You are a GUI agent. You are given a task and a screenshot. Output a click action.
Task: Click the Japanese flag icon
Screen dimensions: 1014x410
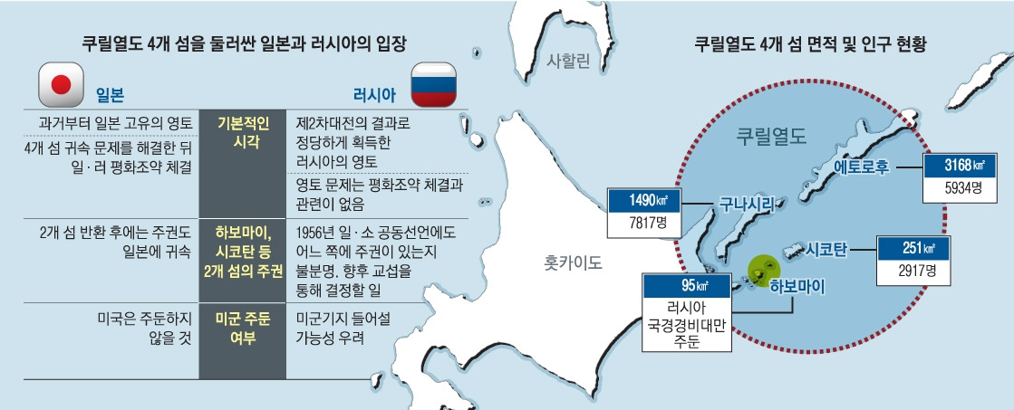(x=61, y=85)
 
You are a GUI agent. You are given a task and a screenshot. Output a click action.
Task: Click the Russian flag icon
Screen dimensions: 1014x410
(x=434, y=84)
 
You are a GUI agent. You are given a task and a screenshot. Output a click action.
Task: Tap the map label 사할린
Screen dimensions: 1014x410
(x=568, y=62)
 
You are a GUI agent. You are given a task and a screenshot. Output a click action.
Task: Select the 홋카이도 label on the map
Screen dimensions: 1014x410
(x=573, y=263)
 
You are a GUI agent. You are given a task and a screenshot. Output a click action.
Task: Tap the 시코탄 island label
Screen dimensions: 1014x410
(x=825, y=246)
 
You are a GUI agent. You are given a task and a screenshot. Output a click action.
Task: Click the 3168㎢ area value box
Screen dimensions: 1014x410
(x=956, y=165)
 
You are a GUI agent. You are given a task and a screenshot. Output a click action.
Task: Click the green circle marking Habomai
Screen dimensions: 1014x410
(x=762, y=269)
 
